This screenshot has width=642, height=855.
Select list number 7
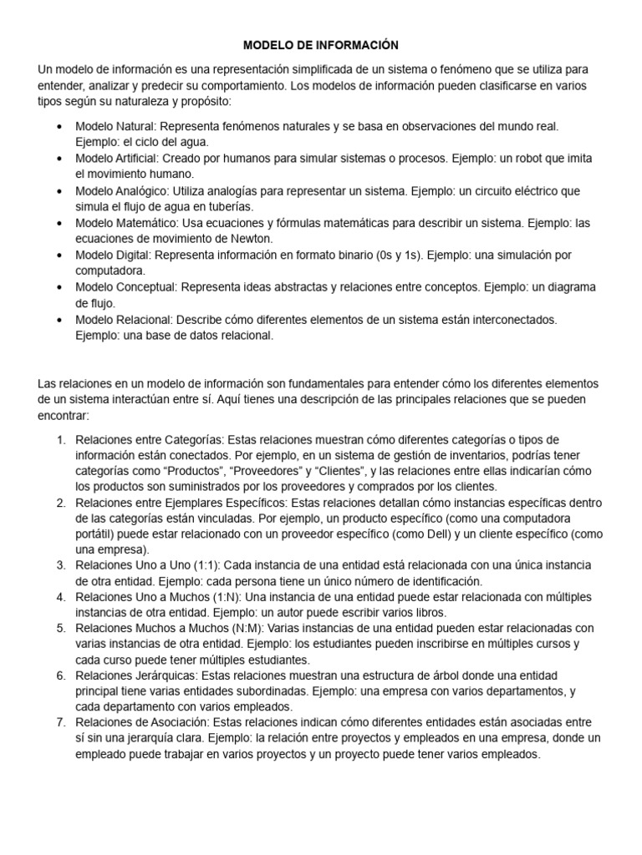[60, 722]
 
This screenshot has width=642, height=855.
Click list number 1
[60, 439]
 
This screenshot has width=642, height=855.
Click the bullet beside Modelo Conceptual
[57, 287]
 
